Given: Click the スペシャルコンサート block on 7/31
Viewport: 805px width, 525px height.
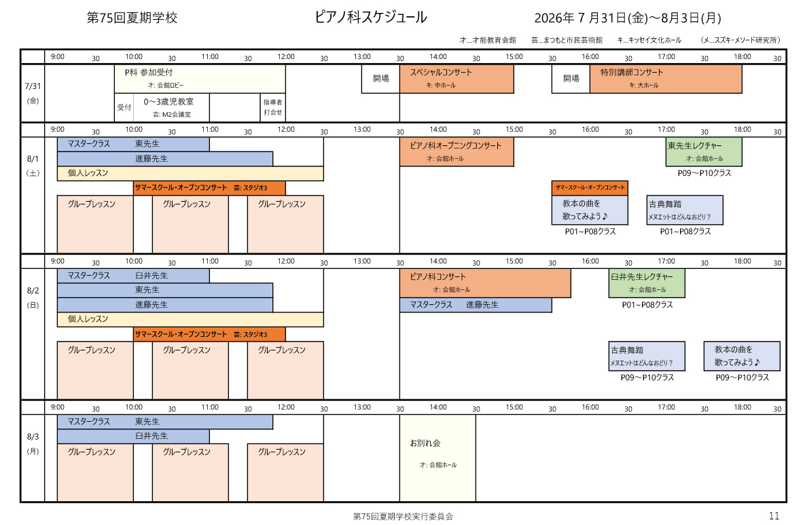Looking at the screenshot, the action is [457, 79].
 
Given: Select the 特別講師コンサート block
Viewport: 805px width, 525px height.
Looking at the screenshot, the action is [666, 79].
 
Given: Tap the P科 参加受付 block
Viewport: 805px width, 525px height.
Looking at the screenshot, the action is [200, 79].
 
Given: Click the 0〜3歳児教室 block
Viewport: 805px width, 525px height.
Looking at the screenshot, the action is [171, 107].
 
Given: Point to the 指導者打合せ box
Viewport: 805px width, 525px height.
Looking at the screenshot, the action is [272, 107].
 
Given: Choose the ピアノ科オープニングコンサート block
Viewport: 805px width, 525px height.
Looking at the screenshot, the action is [457, 152].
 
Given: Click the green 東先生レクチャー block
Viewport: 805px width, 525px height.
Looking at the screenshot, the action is [704, 152].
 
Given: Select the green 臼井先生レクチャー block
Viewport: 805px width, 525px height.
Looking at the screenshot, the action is [647, 283].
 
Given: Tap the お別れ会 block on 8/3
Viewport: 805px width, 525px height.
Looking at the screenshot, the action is [438, 458].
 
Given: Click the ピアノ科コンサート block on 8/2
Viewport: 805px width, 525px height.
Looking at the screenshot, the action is [485, 283].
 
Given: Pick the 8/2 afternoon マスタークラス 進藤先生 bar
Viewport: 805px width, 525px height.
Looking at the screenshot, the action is [476, 305].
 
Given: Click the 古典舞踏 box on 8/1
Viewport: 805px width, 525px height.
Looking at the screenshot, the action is [685, 210].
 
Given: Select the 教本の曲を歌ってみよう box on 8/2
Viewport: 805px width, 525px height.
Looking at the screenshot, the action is [742, 356].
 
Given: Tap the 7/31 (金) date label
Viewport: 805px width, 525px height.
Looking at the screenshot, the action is [33, 93].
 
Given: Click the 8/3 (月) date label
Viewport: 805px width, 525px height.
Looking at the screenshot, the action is [33, 443].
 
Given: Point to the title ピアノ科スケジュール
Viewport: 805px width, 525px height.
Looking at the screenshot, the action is [370, 18].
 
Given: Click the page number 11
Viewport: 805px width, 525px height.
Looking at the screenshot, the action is [774, 515].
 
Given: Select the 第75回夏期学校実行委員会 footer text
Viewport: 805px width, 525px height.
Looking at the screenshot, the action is [403, 516].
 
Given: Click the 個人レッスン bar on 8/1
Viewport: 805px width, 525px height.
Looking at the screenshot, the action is [190, 173].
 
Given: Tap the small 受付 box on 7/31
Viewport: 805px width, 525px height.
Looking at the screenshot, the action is [124, 107].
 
